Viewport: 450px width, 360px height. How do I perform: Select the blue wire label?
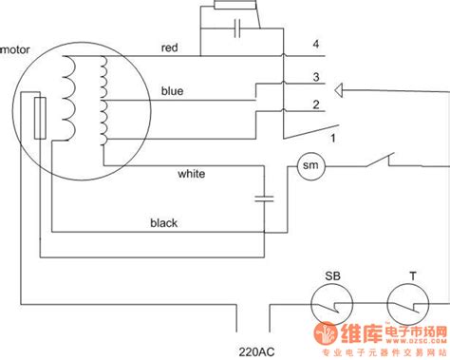(171, 91)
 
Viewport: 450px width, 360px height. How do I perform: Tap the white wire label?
(191, 174)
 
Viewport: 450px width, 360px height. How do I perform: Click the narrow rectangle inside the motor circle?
(38, 120)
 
